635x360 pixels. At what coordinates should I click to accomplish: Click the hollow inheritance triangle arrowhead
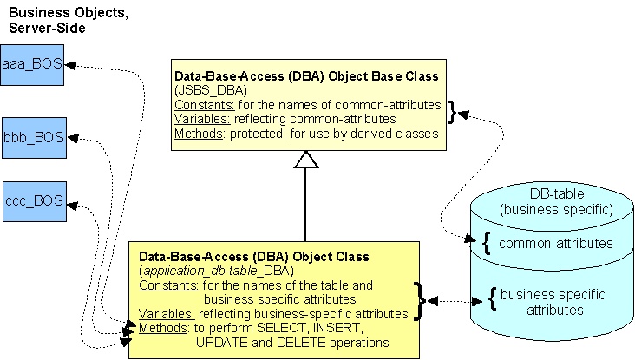tap(306, 158)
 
